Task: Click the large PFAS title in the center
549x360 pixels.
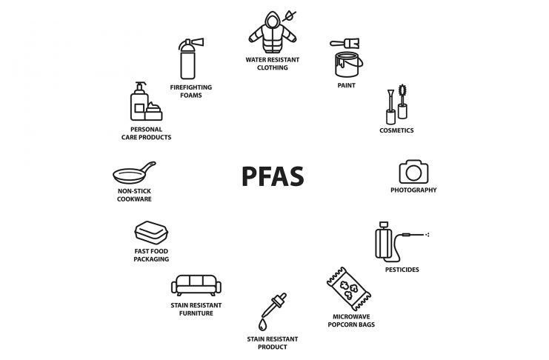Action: [x=273, y=176]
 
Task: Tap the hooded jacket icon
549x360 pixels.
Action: [x=273, y=33]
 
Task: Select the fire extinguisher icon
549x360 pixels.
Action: [x=189, y=59]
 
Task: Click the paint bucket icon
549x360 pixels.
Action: [x=347, y=64]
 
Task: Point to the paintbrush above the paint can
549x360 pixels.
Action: [x=345, y=44]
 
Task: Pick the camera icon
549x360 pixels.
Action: [x=413, y=172]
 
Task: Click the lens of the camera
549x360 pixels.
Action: [x=413, y=173]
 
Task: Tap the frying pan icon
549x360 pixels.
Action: [x=134, y=173]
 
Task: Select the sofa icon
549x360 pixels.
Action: [x=196, y=285]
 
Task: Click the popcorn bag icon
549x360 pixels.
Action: [x=349, y=289]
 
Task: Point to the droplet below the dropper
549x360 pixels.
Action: [x=262, y=324]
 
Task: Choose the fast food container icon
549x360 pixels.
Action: [x=151, y=233]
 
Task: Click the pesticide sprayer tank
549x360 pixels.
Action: [x=384, y=242]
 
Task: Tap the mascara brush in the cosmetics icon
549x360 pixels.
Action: [x=402, y=101]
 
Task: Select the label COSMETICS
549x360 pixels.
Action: [x=396, y=130]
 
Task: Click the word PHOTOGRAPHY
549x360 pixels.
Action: [x=413, y=190]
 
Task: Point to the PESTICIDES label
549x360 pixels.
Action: [x=402, y=270]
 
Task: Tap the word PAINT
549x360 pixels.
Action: [x=346, y=85]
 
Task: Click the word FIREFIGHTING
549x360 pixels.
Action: [x=191, y=87]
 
